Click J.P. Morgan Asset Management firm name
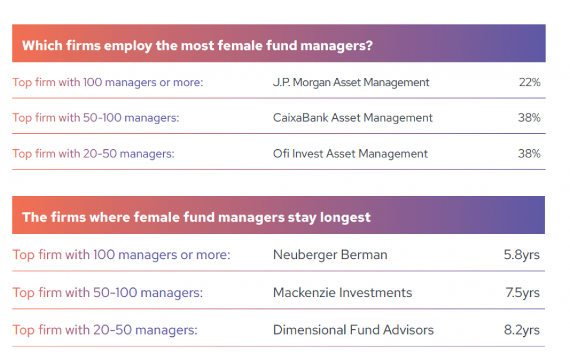coord(351,83)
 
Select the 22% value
coord(530,83)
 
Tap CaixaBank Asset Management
coord(353,118)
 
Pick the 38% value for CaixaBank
coord(529,118)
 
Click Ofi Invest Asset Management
coord(350,154)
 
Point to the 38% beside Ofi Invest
coord(529,154)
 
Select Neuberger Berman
coord(330,255)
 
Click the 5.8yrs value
coord(522,255)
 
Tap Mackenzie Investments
coord(343,293)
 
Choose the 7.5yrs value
coord(522,293)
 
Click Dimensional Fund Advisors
coord(353,330)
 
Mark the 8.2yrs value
coord(522,330)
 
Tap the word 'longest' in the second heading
coord(345,217)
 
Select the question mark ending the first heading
coord(369,46)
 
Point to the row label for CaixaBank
coord(96,118)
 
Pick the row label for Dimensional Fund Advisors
coord(105,330)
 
